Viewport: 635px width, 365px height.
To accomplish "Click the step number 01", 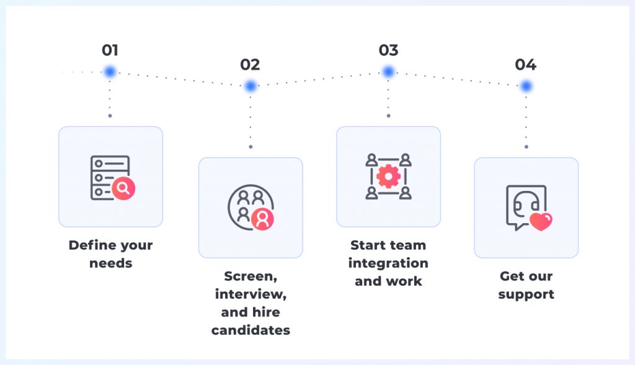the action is tap(110, 50).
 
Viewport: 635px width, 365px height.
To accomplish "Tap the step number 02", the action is tap(250, 64).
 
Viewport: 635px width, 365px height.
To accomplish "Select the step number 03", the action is tap(388, 50).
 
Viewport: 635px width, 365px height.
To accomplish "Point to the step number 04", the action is tap(526, 64).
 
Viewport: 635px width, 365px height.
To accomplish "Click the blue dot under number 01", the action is tap(110, 72).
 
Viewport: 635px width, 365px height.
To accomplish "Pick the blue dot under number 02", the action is tap(251, 86).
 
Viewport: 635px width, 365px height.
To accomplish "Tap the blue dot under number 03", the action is tap(388, 72).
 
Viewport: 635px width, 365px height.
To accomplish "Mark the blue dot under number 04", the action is tap(526, 86).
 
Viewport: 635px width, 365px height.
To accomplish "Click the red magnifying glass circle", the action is tap(123, 188).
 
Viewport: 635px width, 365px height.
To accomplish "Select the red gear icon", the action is tap(388, 177).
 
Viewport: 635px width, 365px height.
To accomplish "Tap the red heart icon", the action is tap(541, 222).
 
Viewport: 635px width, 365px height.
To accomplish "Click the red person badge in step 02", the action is tap(262, 219).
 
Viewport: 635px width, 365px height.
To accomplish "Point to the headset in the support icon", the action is tap(526, 202).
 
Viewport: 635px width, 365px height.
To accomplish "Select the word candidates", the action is tap(251, 330).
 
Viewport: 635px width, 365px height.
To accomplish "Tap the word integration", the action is tap(388, 263).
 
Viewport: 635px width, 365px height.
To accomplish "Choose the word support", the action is tap(526, 294).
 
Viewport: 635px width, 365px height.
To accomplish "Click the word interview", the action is tap(251, 294).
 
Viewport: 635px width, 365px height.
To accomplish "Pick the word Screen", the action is tap(251, 276).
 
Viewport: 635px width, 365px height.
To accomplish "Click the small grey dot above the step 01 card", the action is tap(110, 116).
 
